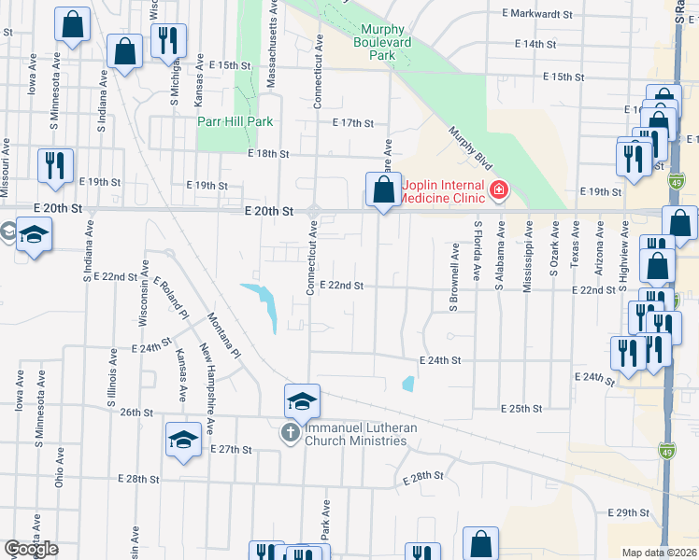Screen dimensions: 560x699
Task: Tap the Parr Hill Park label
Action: (x=235, y=121)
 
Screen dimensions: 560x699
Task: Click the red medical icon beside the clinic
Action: (x=498, y=191)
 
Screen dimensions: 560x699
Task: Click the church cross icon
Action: (x=290, y=433)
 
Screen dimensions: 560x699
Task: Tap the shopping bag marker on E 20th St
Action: (x=383, y=191)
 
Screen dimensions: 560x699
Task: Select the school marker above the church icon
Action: (x=303, y=401)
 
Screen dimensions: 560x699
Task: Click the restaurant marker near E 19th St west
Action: (x=55, y=166)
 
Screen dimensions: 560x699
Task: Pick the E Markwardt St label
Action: (x=537, y=14)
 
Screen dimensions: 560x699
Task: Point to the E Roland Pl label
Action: (x=171, y=298)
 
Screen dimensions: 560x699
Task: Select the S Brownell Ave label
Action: (x=455, y=277)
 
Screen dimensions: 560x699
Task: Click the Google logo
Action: (x=31, y=549)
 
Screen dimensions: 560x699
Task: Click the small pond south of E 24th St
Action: (x=407, y=383)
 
